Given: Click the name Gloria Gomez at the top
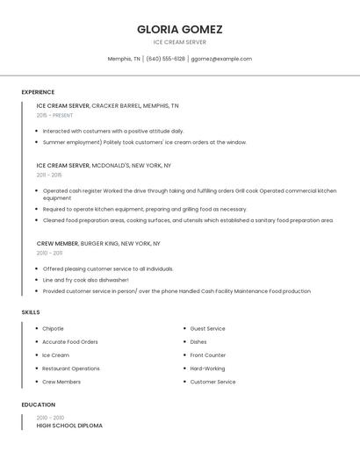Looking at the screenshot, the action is point(179,29).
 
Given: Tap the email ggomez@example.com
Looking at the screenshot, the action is point(221,59).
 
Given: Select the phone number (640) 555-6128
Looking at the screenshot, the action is point(165,59).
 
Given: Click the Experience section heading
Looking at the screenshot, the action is point(38,92).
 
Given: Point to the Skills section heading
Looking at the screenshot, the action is point(31,311).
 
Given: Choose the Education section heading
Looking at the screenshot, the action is point(39,405).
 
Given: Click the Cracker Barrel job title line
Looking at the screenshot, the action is point(107,105).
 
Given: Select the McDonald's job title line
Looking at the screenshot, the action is point(104,165).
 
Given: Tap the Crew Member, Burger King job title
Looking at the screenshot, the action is point(98,243).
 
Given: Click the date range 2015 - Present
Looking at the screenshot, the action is point(54,115).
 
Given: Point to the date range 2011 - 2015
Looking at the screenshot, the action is point(49,175).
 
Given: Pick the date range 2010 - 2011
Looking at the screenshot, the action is point(49,253).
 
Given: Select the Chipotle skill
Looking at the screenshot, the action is point(53,329).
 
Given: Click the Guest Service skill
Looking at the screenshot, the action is point(207,329).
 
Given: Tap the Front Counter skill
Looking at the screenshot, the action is point(207,355).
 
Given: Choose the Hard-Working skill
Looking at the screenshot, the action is point(207,368).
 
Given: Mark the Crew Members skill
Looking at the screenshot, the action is point(61,382).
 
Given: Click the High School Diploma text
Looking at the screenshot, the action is point(69,426).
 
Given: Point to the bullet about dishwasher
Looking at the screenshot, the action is point(85,280).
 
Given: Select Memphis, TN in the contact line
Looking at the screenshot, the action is point(124,59).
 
